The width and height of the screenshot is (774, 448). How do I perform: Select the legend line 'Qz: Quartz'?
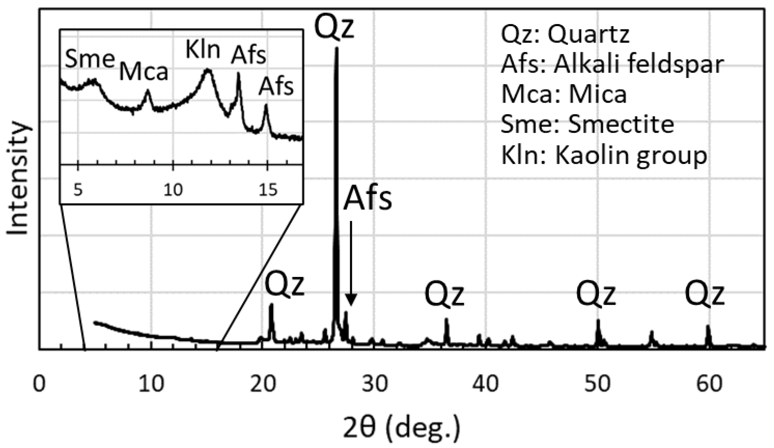pos(565,35)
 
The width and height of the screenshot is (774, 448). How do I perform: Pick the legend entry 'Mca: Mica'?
pos(564,95)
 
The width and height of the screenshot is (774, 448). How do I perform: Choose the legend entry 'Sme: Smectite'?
pos(587,125)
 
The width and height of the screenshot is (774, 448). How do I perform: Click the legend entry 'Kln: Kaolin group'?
pos(604,155)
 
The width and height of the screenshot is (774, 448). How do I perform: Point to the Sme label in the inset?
pos(90,59)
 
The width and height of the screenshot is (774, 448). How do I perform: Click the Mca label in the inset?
pos(143,72)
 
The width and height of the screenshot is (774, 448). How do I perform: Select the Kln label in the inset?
pos(203,50)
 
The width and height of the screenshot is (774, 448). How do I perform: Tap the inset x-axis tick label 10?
pos(173,190)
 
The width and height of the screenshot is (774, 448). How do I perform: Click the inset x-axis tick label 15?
pos(268,190)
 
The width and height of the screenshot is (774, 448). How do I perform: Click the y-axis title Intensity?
pos(18,178)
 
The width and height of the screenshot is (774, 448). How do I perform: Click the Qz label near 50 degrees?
pos(596,295)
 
